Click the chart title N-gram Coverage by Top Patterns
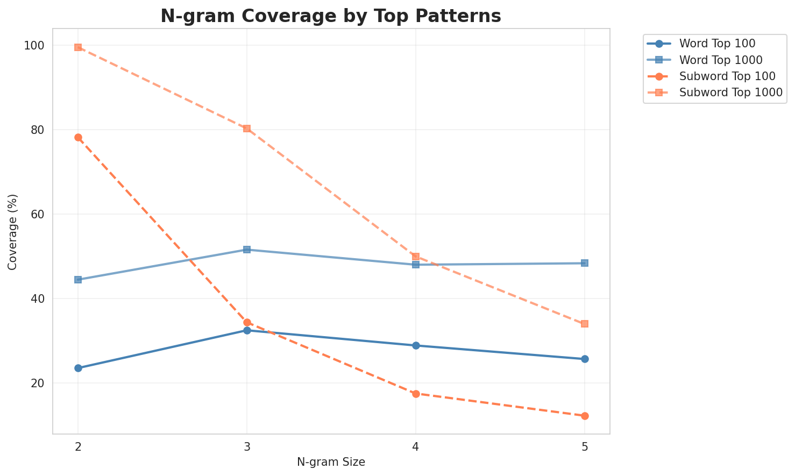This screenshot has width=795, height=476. pyautogui.click(x=331, y=16)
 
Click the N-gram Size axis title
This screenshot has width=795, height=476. pyautogui.click(x=331, y=462)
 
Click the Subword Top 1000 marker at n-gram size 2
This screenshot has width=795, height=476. pyautogui.click(x=78, y=47)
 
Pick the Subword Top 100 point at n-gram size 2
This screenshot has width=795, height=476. pyautogui.click(x=78, y=137)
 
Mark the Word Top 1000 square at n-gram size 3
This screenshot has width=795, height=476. pyautogui.click(x=247, y=250)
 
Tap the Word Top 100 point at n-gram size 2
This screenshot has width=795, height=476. pyautogui.click(x=78, y=368)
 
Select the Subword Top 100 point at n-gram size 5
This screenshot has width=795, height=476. pyautogui.click(x=585, y=416)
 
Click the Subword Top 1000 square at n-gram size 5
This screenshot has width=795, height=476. pyautogui.click(x=585, y=324)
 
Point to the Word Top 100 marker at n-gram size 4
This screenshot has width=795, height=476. pyautogui.click(x=416, y=345)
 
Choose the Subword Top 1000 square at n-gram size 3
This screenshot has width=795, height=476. pyautogui.click(x=247, y=129)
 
